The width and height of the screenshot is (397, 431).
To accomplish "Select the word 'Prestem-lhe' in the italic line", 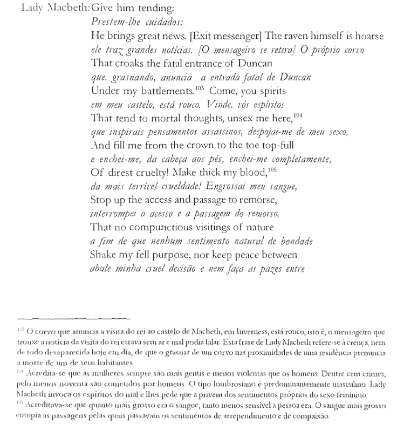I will (112, 23).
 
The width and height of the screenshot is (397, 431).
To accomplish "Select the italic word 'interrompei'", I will (114, 214).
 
